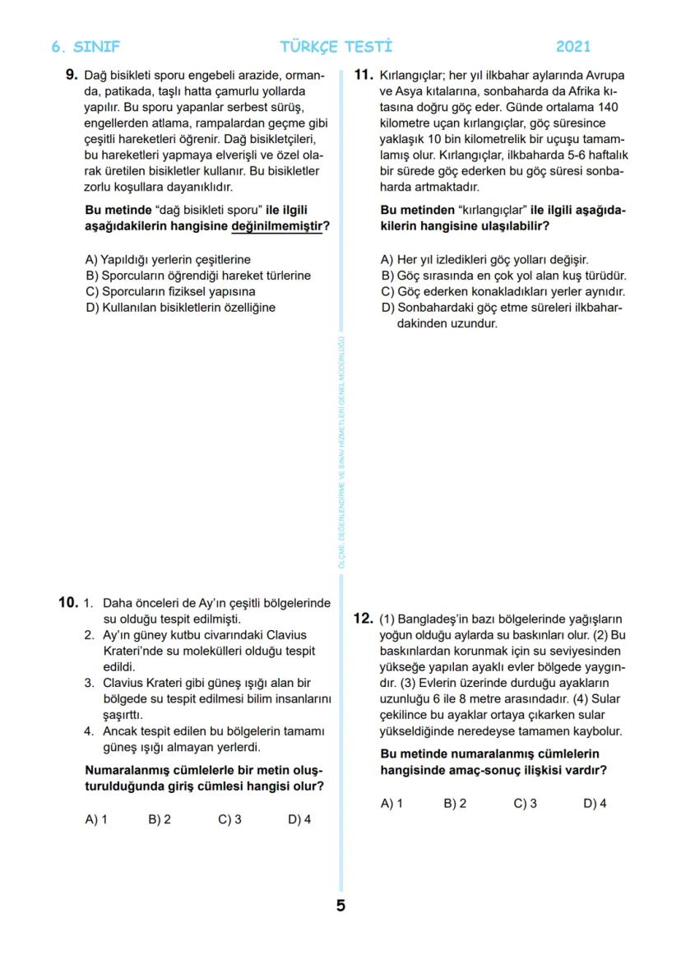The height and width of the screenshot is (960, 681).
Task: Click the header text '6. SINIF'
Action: coord(86,47)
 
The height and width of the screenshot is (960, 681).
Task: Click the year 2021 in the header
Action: coord(572,47)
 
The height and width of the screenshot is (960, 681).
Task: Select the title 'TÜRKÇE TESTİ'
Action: coord(336,47)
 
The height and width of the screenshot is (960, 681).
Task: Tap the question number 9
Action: coord(72,76)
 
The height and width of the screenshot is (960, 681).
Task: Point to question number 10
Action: coord(67,602)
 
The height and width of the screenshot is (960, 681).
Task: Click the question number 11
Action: coord(364,76)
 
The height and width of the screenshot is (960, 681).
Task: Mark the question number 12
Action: coord(364,619)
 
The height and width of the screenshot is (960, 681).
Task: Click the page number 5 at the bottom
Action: coord(340,906)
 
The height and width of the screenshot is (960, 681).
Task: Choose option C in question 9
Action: coord(170,291)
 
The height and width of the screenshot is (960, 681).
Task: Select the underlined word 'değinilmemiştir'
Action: coord(276,226)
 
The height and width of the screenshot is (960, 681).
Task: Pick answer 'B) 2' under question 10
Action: coord(160,819)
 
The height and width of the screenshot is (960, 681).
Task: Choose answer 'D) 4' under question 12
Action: coord(595,804)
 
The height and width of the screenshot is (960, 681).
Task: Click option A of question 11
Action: coord(484,259)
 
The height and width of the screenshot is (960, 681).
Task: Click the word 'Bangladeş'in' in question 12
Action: coord(433,619)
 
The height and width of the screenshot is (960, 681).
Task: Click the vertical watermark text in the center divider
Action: coord(341,452)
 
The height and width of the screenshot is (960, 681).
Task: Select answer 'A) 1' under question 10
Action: coord(96,819)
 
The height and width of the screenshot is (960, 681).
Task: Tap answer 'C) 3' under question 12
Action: coord(525,804)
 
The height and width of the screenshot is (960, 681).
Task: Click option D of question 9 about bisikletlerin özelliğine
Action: coord(180,308)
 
